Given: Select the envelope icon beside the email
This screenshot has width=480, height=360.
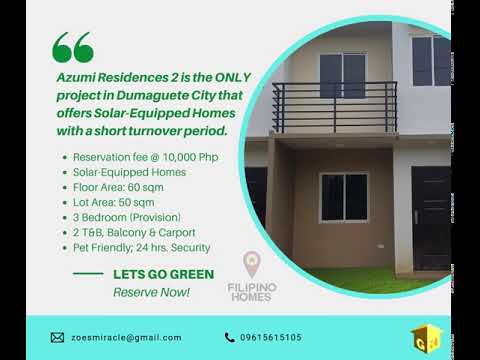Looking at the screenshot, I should tap(57, 337).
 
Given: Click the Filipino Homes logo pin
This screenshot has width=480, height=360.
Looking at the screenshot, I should tap(254, 265).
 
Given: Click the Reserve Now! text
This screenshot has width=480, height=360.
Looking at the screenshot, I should tap(151, 292).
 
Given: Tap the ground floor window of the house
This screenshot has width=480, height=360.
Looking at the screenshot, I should tap(344, 197).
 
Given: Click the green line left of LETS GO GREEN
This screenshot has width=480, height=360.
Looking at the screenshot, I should tap(88, 273).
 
